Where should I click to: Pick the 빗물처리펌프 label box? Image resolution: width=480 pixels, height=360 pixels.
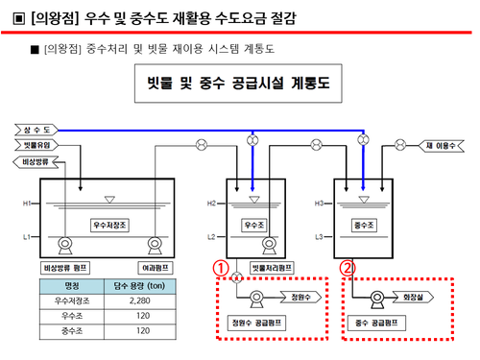270,266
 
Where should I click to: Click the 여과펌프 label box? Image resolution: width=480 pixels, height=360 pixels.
156,265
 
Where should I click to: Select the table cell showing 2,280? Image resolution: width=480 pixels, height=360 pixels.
140,300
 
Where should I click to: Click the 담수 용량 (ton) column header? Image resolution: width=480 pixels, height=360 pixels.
140,285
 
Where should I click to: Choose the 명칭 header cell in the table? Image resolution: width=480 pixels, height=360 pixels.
72,285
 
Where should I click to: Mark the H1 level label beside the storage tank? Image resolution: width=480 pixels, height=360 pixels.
28,203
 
